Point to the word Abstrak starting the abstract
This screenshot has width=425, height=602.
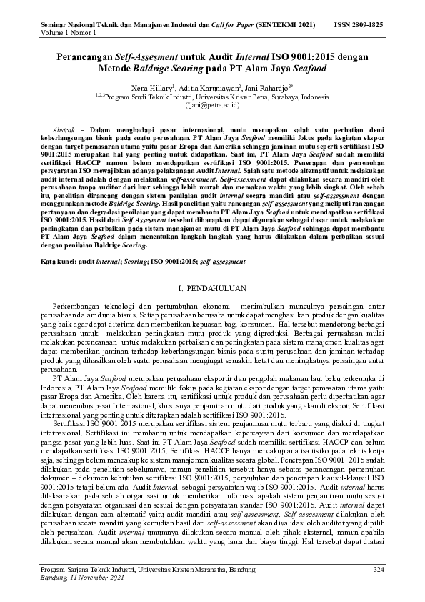(55, 124)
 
